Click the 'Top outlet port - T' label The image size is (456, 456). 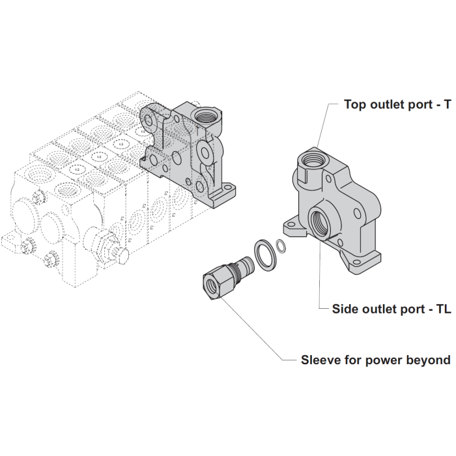tap(397, 104)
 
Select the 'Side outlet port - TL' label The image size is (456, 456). tap(392, 308)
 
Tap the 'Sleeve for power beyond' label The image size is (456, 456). tap(375, 360)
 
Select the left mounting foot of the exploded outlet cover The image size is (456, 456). tap(289, 228)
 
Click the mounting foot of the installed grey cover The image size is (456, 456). tap(225, 193)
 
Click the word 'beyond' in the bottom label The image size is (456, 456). tap(429, 360)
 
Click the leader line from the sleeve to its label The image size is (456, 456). tap(261, 332)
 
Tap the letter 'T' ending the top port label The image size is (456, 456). tap(447, 104)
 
